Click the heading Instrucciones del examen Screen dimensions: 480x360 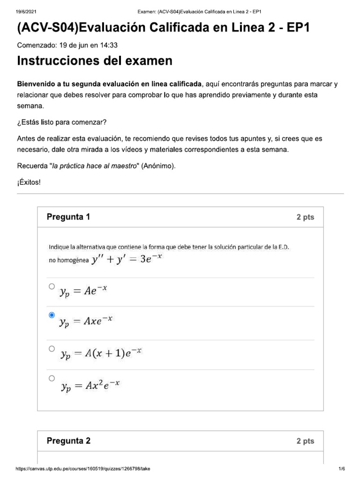click(x=94, y=61)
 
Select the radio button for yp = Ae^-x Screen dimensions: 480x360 click(x=52, y=286)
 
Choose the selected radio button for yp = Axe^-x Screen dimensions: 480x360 click(x=52, y=315)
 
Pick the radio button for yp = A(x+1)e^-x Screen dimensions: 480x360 click(x=52, y=349)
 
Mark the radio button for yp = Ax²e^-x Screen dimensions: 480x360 click(x=52, y=378)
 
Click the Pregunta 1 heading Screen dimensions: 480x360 click(x=68, y=217)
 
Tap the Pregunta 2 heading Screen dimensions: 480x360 click(x=68, y=441)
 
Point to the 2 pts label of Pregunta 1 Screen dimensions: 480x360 click(x=305, y=217)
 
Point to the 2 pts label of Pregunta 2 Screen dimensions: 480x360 click(x=305, y=441)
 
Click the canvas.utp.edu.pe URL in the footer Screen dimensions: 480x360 click(x=83, y=469)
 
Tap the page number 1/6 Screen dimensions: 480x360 click(x=341, y=469)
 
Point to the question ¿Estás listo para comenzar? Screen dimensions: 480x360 click(x=62, y=122)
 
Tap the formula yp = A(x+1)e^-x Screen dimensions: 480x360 click(x=100, y=355)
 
